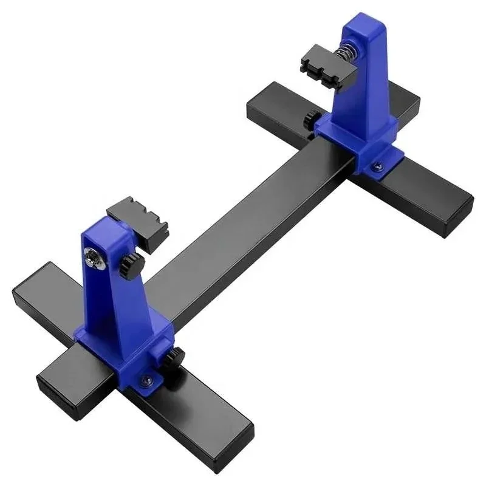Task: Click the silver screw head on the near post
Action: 95,259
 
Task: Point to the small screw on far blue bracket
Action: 377,162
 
